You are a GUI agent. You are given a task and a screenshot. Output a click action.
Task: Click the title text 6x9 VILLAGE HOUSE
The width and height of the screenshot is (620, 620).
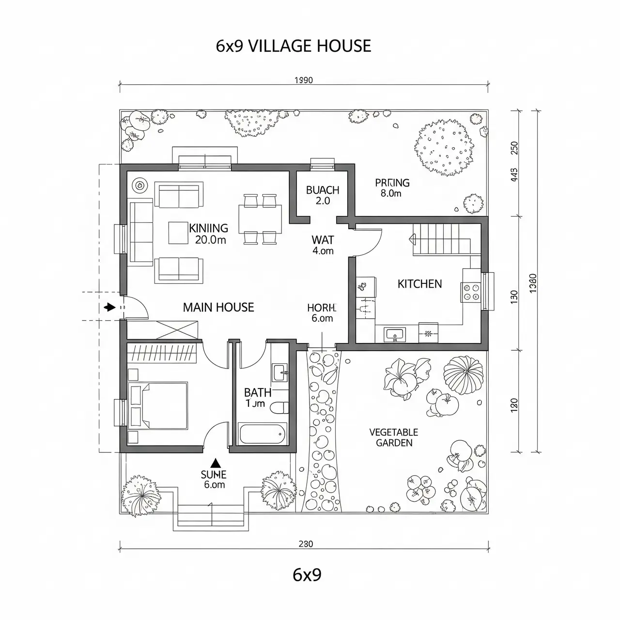[x=293, y=46]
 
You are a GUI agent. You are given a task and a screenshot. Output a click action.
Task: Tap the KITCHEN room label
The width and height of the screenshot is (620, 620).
[x=419, y=284]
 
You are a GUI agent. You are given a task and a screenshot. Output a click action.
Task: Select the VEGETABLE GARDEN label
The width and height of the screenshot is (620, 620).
[x=394, y=437]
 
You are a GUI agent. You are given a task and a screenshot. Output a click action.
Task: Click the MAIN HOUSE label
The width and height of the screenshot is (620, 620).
[x=218, y=307]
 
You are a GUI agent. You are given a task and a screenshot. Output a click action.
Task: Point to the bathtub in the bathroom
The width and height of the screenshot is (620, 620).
[x=263, y=434]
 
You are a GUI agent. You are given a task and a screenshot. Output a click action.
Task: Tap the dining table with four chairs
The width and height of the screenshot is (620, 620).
[x=260, y=217]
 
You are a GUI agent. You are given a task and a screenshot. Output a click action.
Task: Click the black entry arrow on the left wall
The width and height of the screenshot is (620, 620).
[x=109, y=307]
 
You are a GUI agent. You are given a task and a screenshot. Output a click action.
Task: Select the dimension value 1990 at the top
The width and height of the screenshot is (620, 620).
[x=304, y=80]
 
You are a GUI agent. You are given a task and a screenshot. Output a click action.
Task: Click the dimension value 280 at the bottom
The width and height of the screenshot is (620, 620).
[x=306, y=543]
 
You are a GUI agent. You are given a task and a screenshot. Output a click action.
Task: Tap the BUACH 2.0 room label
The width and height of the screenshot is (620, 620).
[x=323, y=195]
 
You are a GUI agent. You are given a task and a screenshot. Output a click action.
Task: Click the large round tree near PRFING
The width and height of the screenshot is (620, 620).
[x=444, y=148]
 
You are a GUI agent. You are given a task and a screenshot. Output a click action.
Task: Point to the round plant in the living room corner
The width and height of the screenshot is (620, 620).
[x=140, y=185]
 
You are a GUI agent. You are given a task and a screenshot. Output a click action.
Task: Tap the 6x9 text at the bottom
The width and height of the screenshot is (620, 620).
[x=307, y=574]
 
